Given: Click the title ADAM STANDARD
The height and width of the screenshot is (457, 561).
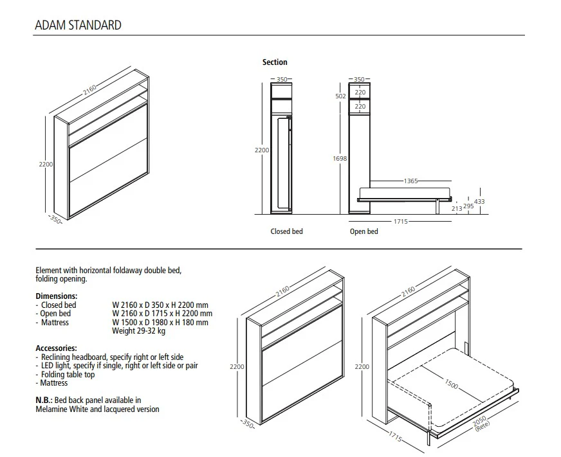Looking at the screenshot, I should click(x=77, y=26).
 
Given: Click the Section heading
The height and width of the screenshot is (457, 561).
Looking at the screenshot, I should click(x=275, y=62).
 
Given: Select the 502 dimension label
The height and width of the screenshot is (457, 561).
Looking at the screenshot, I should click(x=341, y=96).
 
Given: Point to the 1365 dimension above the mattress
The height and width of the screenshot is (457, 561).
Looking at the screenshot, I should click(x=410, y=181).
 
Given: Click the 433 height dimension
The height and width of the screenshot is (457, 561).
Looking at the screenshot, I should click(x=479, y=202).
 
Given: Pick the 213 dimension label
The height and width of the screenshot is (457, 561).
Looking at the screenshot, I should click(x=457, y=208).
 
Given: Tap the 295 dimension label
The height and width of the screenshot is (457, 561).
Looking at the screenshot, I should click(x=468, y=206).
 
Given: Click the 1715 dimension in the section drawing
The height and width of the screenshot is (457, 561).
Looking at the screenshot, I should click(x=401, y=222).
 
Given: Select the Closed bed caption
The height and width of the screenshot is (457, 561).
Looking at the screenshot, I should click(x=286, y=231).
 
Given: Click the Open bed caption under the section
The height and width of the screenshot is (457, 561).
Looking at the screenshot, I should click(x=363, y=231).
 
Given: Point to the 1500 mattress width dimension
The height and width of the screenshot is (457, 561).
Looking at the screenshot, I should click(x=452, y=384).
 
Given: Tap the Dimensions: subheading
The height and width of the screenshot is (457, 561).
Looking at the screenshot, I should click(x=56, y=296).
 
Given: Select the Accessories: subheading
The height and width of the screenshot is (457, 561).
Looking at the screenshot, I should click(x=56, y=348).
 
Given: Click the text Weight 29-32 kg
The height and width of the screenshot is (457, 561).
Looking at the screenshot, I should click(x=138, y=331).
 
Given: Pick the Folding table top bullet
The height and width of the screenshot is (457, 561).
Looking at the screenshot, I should click(x=68, y=374).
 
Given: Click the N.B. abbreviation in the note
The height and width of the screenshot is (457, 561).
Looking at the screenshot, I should click(x=43, y=400).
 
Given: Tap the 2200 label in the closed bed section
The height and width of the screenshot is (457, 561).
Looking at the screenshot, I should click(x=261, y=150).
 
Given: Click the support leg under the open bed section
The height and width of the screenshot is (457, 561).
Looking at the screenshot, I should click(x=437, y=206).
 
